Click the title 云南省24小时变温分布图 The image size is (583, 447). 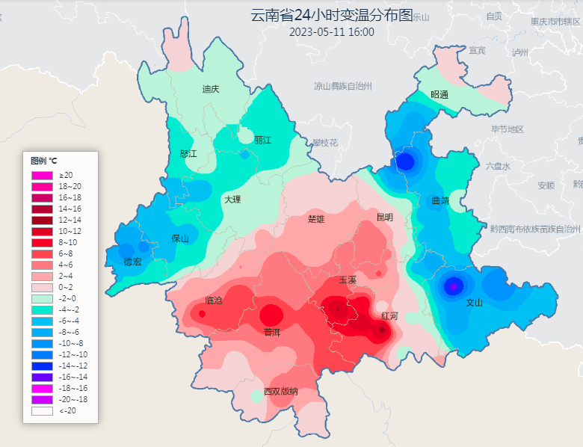click(331, 16)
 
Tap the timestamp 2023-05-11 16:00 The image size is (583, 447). click(331, 32)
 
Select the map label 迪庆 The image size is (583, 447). click(211, 89)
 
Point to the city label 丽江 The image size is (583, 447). click(262, 140)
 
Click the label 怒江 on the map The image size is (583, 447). click(189, 153)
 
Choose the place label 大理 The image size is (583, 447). click(232, 200)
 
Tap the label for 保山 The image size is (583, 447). click(180, 239)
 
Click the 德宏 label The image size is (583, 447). click(133, 262)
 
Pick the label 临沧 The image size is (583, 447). click(213, 300)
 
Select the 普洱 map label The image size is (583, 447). click(271, 331)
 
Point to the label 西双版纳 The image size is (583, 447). click(280, 392)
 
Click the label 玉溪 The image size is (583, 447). click(348, 280)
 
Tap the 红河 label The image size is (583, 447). click(389, 316)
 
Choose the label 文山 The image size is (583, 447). click(475, 303)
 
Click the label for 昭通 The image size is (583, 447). click(439, 95)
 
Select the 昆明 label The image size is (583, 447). click(384, 218)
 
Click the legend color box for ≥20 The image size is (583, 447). click(42, 175)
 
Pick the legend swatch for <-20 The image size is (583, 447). click(42, 410)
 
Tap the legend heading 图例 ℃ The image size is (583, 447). click(43, 161)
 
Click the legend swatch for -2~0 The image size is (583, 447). click(42, 298)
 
